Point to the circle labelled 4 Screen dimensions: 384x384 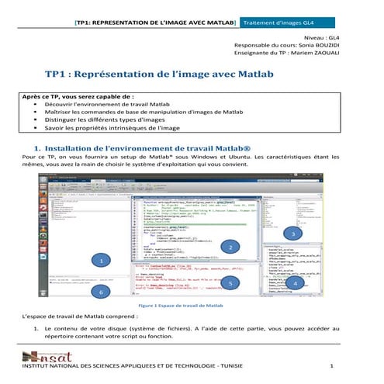(x=320, y=284)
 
